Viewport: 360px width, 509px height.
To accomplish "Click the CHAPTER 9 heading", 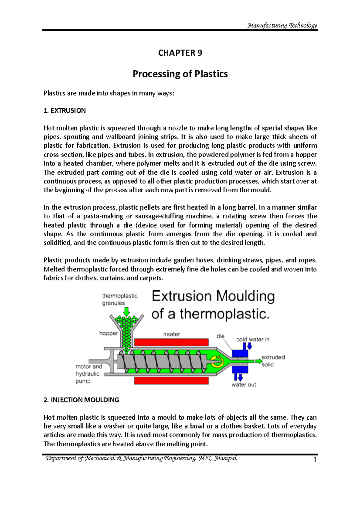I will (x=180, y=53).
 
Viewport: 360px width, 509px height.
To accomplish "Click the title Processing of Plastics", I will (x=180, y=74).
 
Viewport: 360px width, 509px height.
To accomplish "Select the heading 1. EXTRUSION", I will (x=64, y=111).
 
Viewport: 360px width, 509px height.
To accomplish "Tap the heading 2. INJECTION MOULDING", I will (x=81, y=400).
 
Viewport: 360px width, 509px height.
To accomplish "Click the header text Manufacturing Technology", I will (x=282, y=25).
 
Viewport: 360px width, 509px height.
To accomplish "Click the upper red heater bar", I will (x=171, y=342).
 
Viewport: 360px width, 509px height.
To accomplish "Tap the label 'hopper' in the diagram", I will (x=109, y=333).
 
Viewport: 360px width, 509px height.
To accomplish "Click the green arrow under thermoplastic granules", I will (x=127, y=311).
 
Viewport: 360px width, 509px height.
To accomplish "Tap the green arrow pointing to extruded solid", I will (x=258, y=361).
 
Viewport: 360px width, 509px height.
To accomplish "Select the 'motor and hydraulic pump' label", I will (x=88, y=374).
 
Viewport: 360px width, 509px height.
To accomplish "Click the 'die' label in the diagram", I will (x=220, y=336).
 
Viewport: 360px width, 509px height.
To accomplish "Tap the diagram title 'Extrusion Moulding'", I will (x=213, y=296).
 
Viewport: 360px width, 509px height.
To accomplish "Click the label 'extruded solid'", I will (x=273, y=361).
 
